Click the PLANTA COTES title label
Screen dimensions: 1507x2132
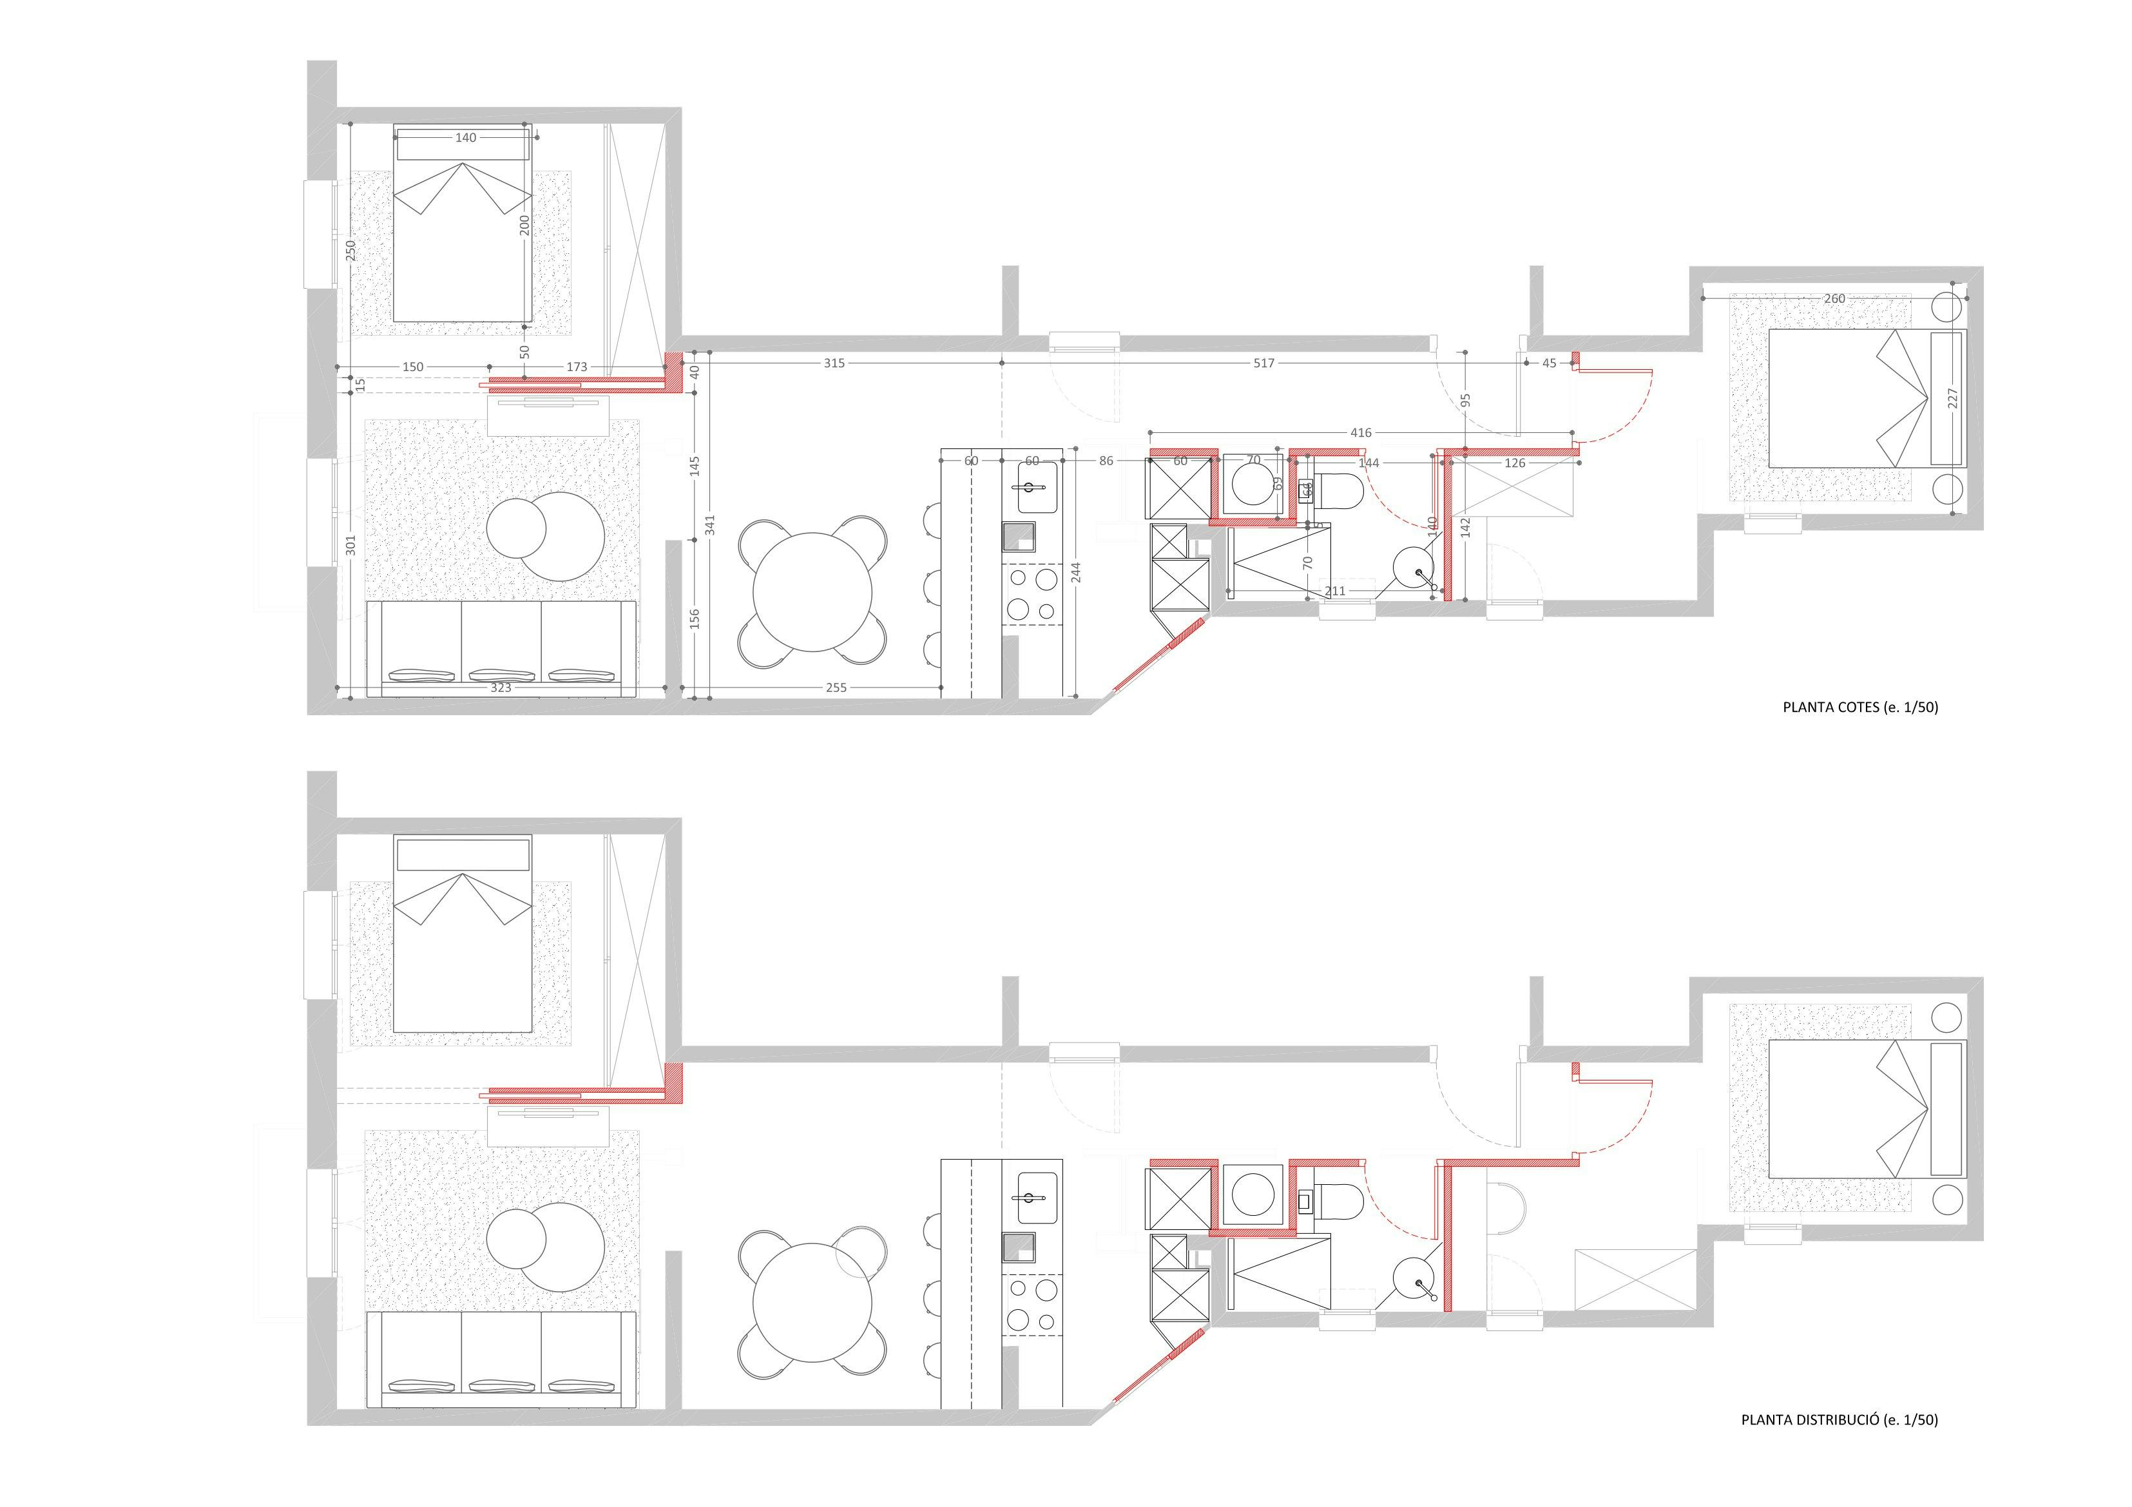pyautogui.click(x=1859, y=707)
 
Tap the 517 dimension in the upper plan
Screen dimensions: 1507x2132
pyautogui.click(x=1263, y=363)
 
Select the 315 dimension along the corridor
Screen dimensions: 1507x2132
pyautogui.click(x=834, y=363)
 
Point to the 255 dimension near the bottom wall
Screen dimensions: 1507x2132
pyautogui.click(x=836, y=688)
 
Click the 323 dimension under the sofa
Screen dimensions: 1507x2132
pyautogui.click(x=501, y=688)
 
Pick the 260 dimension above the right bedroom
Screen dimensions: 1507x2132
pyautogui.click(x=1834, y=299)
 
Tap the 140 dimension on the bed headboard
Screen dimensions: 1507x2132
pyautogui.click(x=465, y=137)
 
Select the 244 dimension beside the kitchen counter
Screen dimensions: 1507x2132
pyautogui.click(x=1075, y=572)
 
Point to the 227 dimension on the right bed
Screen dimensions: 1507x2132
pyautogui.click(x=1952, y=398)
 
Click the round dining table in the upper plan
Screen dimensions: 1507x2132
pyautogui.click(x=812, y=592)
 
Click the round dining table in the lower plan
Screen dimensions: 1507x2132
pyautogui.click(x=812, y=1303)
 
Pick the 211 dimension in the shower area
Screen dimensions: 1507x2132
pyautogui.click(x=1334, y=591)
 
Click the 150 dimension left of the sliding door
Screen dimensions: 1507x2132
pyautogui.click(x=412, y=367)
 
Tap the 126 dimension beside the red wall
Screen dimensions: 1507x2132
pyautogui.click(x=1515, y=463)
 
